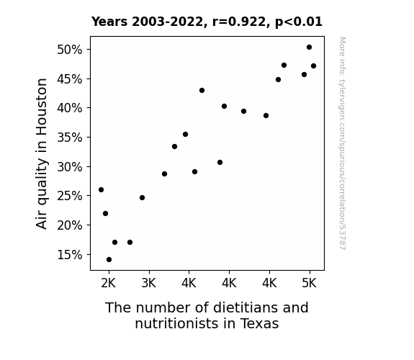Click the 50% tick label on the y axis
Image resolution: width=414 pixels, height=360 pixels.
[x=69, y=50]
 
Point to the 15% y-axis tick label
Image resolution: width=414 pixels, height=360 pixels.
[x=69, y=255]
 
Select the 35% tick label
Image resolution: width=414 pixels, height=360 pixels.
[x=69, y=138]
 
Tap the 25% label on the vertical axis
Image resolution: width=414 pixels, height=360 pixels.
[x=69, y=196]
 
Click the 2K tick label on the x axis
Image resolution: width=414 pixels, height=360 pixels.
[x=109, y=284]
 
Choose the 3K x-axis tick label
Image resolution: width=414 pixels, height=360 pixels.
[x=149, y=284]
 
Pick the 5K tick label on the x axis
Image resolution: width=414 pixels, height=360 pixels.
[x=309, y=284]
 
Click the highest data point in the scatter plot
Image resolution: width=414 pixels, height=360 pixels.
[x=309, y=48]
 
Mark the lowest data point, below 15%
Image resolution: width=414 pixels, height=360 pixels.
[x=109, y=260]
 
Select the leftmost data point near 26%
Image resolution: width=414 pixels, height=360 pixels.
[x=101, y=189]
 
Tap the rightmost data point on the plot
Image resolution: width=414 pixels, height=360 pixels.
[x=313, y=66]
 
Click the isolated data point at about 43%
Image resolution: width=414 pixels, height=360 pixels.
[x=202, y=90]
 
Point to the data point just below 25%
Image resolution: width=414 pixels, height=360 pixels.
[x=142, y=197]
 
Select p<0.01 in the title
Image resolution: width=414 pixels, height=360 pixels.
[x=299, y=22]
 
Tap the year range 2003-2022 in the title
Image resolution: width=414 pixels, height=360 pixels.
[x=167, y=22]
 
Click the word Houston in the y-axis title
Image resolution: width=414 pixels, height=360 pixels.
[x=42, y=107]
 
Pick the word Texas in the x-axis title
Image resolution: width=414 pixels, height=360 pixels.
[x=259, y=323]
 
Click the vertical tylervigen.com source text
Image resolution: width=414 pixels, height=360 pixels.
[x=343, y=143]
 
